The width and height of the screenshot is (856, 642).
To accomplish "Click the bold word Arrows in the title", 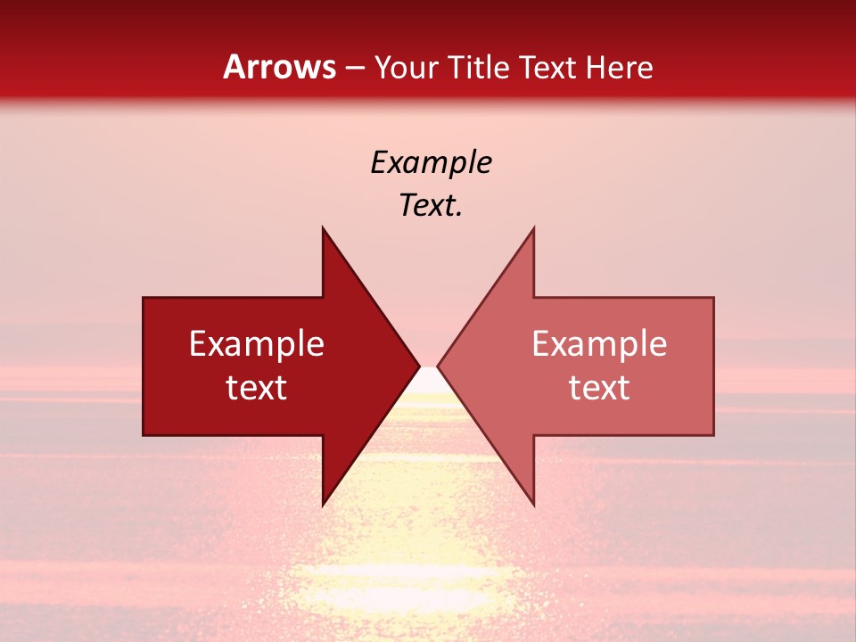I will (x=280, y=67).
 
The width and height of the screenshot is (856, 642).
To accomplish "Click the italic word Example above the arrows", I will (x=431, y=163).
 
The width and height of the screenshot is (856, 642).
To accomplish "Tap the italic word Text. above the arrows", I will (x=431, y=206).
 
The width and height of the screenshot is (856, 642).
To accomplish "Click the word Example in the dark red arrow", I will (x=257, y=344).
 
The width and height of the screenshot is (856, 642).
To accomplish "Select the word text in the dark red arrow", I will (x=257, y=388).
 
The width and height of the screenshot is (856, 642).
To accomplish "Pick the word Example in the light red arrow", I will (x=599, y=344).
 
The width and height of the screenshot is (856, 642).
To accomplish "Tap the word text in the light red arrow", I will (x=599, y=388).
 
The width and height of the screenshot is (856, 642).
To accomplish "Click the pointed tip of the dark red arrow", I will (x=417, y=366).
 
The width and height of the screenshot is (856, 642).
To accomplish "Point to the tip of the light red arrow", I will (x=440, y=366).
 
